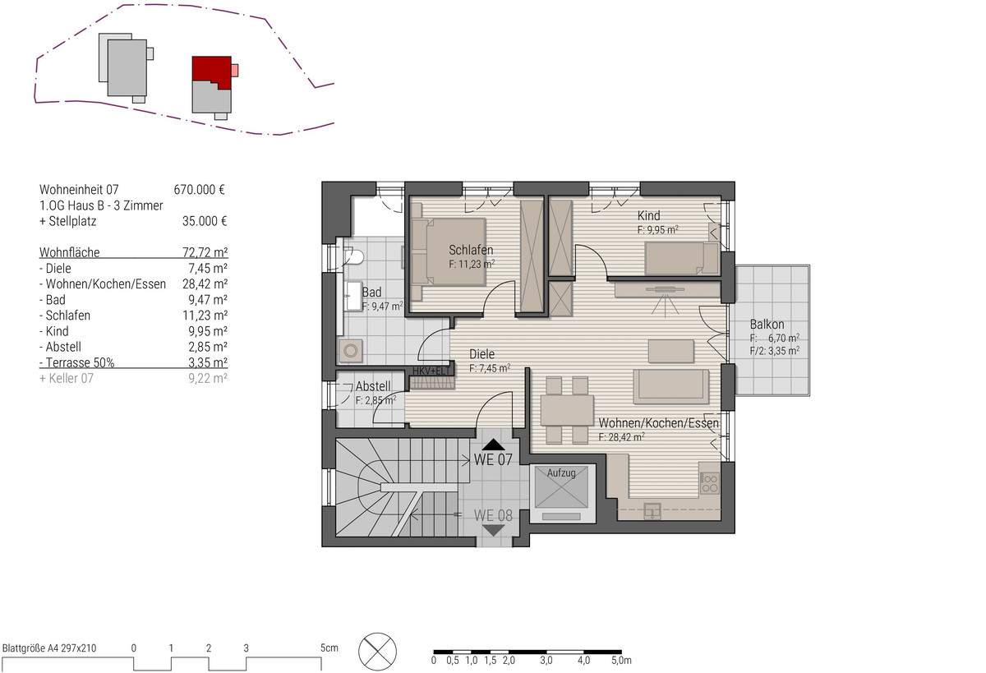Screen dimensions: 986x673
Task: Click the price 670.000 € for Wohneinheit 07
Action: (199, 190)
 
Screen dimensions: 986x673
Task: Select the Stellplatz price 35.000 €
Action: (205, 221)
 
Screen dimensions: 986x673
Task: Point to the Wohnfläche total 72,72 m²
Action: (205, 252)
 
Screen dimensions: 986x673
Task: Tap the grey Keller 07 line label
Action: (67, 379)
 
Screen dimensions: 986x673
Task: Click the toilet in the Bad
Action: (353, 256)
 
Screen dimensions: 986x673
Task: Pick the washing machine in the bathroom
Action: (351, 351)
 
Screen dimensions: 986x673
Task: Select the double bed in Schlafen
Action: (449, 251)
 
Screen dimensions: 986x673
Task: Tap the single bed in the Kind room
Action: (681, 258)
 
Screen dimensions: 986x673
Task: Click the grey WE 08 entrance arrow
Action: (494, 530)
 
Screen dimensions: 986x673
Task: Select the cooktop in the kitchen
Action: (710, 483)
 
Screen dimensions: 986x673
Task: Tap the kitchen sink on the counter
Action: (652, 511)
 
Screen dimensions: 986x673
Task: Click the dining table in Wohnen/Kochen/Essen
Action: (567, 410)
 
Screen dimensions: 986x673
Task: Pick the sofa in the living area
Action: (670, 386)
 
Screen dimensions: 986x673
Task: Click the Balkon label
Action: (767, 325)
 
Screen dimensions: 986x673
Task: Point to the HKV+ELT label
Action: (431, 371)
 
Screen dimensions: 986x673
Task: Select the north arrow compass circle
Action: (377, 652)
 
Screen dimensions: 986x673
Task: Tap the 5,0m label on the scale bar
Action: (621, 660)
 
